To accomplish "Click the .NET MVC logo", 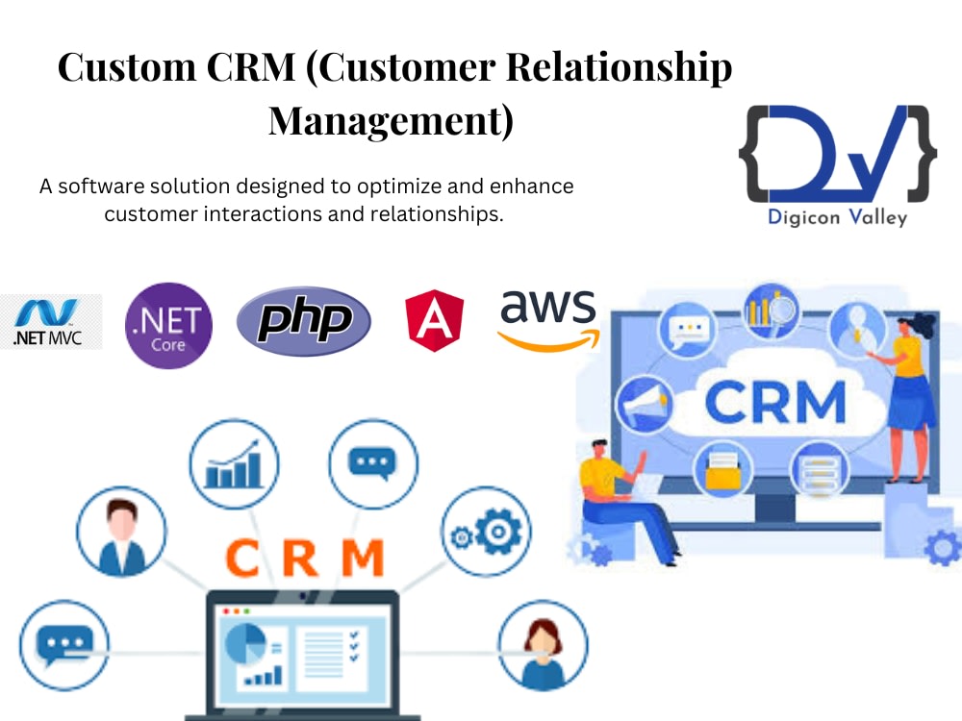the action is click(50, 322).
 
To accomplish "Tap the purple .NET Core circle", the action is click(168, 326).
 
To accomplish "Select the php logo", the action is click(304, 321).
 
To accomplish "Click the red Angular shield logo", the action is click(435, 321).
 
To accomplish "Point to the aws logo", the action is click(548, 320).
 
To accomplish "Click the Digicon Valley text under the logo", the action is click(838, 217).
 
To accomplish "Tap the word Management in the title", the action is click(391, 120).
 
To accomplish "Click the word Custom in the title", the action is click(127, 66).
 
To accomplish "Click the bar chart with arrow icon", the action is click(234, 464).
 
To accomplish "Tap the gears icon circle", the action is click(487, 531).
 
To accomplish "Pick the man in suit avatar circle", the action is click(121, 532).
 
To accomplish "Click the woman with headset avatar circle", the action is click(543, 646).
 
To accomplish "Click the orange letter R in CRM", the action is click(300, 559).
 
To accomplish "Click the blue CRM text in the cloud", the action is click(775, 402).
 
